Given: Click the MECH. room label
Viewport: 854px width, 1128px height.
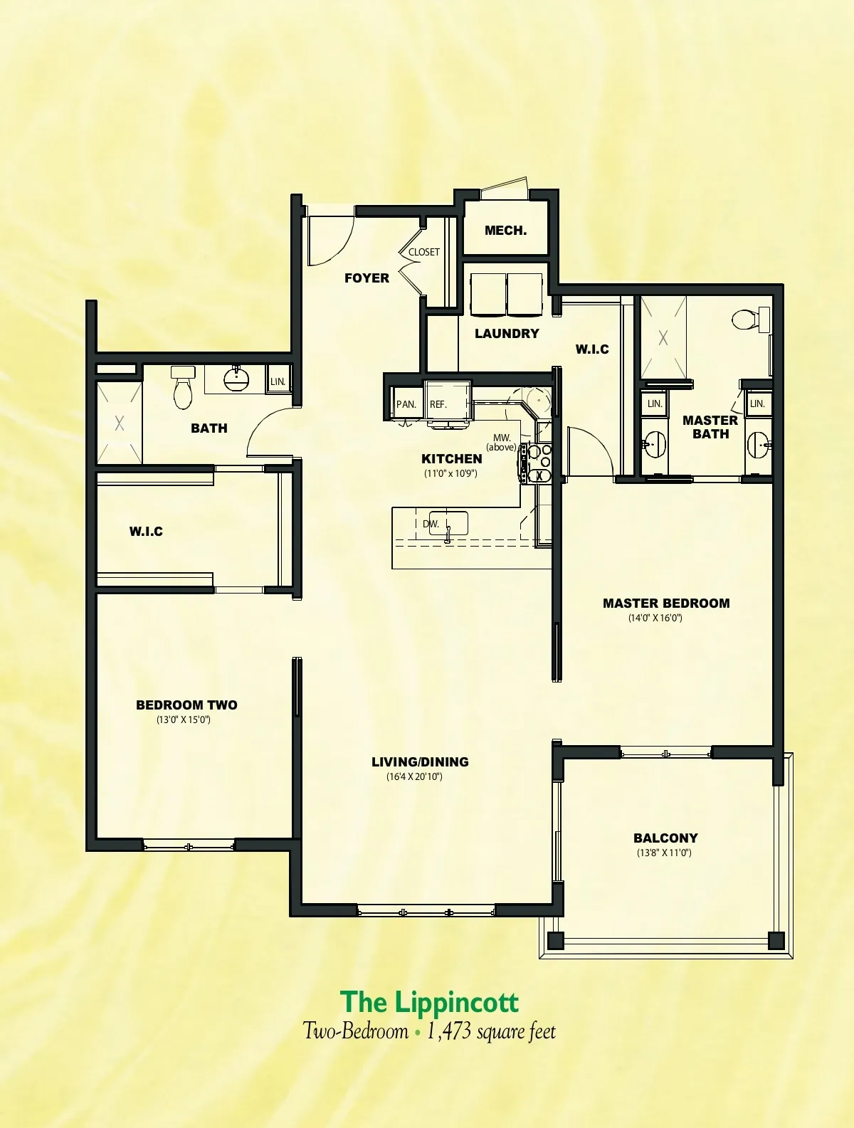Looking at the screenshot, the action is (x=505, y=231).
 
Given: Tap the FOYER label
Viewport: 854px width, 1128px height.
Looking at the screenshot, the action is (x=367, y=278).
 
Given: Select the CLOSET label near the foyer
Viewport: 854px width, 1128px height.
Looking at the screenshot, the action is (x=424, y=252).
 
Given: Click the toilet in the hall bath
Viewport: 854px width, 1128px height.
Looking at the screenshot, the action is (x=183, y=387).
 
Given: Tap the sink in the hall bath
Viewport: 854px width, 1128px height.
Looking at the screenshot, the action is (x=236, y=379).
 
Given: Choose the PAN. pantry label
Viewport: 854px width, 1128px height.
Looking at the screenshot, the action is (x=406, y=404).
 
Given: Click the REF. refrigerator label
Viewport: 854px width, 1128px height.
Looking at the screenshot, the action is (x=438, y=404).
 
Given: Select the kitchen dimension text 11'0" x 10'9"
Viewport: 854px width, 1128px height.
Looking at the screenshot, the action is (x=450, y=473).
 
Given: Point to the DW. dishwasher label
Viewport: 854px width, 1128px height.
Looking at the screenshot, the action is (x=431, y=525).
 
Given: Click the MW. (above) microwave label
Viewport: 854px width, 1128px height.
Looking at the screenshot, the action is (x=502, y=443).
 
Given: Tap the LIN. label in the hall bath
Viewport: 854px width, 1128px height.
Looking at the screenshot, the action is (x=278, y=382).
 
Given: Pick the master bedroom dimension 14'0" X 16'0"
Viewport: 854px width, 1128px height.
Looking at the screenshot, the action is (x=655, y=618).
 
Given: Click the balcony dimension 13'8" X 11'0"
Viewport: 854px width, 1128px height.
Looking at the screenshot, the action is (x=664, y=853).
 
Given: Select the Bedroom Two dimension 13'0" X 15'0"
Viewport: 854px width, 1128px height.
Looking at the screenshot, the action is (x=184, y=720).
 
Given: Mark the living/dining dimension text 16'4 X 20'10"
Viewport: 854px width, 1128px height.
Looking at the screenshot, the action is (x=414, y=776).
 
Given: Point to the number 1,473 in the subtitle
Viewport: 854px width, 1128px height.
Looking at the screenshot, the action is (x=450, y=1031).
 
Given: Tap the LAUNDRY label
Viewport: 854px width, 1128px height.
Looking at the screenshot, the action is (x=507, y=334).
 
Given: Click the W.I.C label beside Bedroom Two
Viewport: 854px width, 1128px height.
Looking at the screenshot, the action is (x=146, y=532).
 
